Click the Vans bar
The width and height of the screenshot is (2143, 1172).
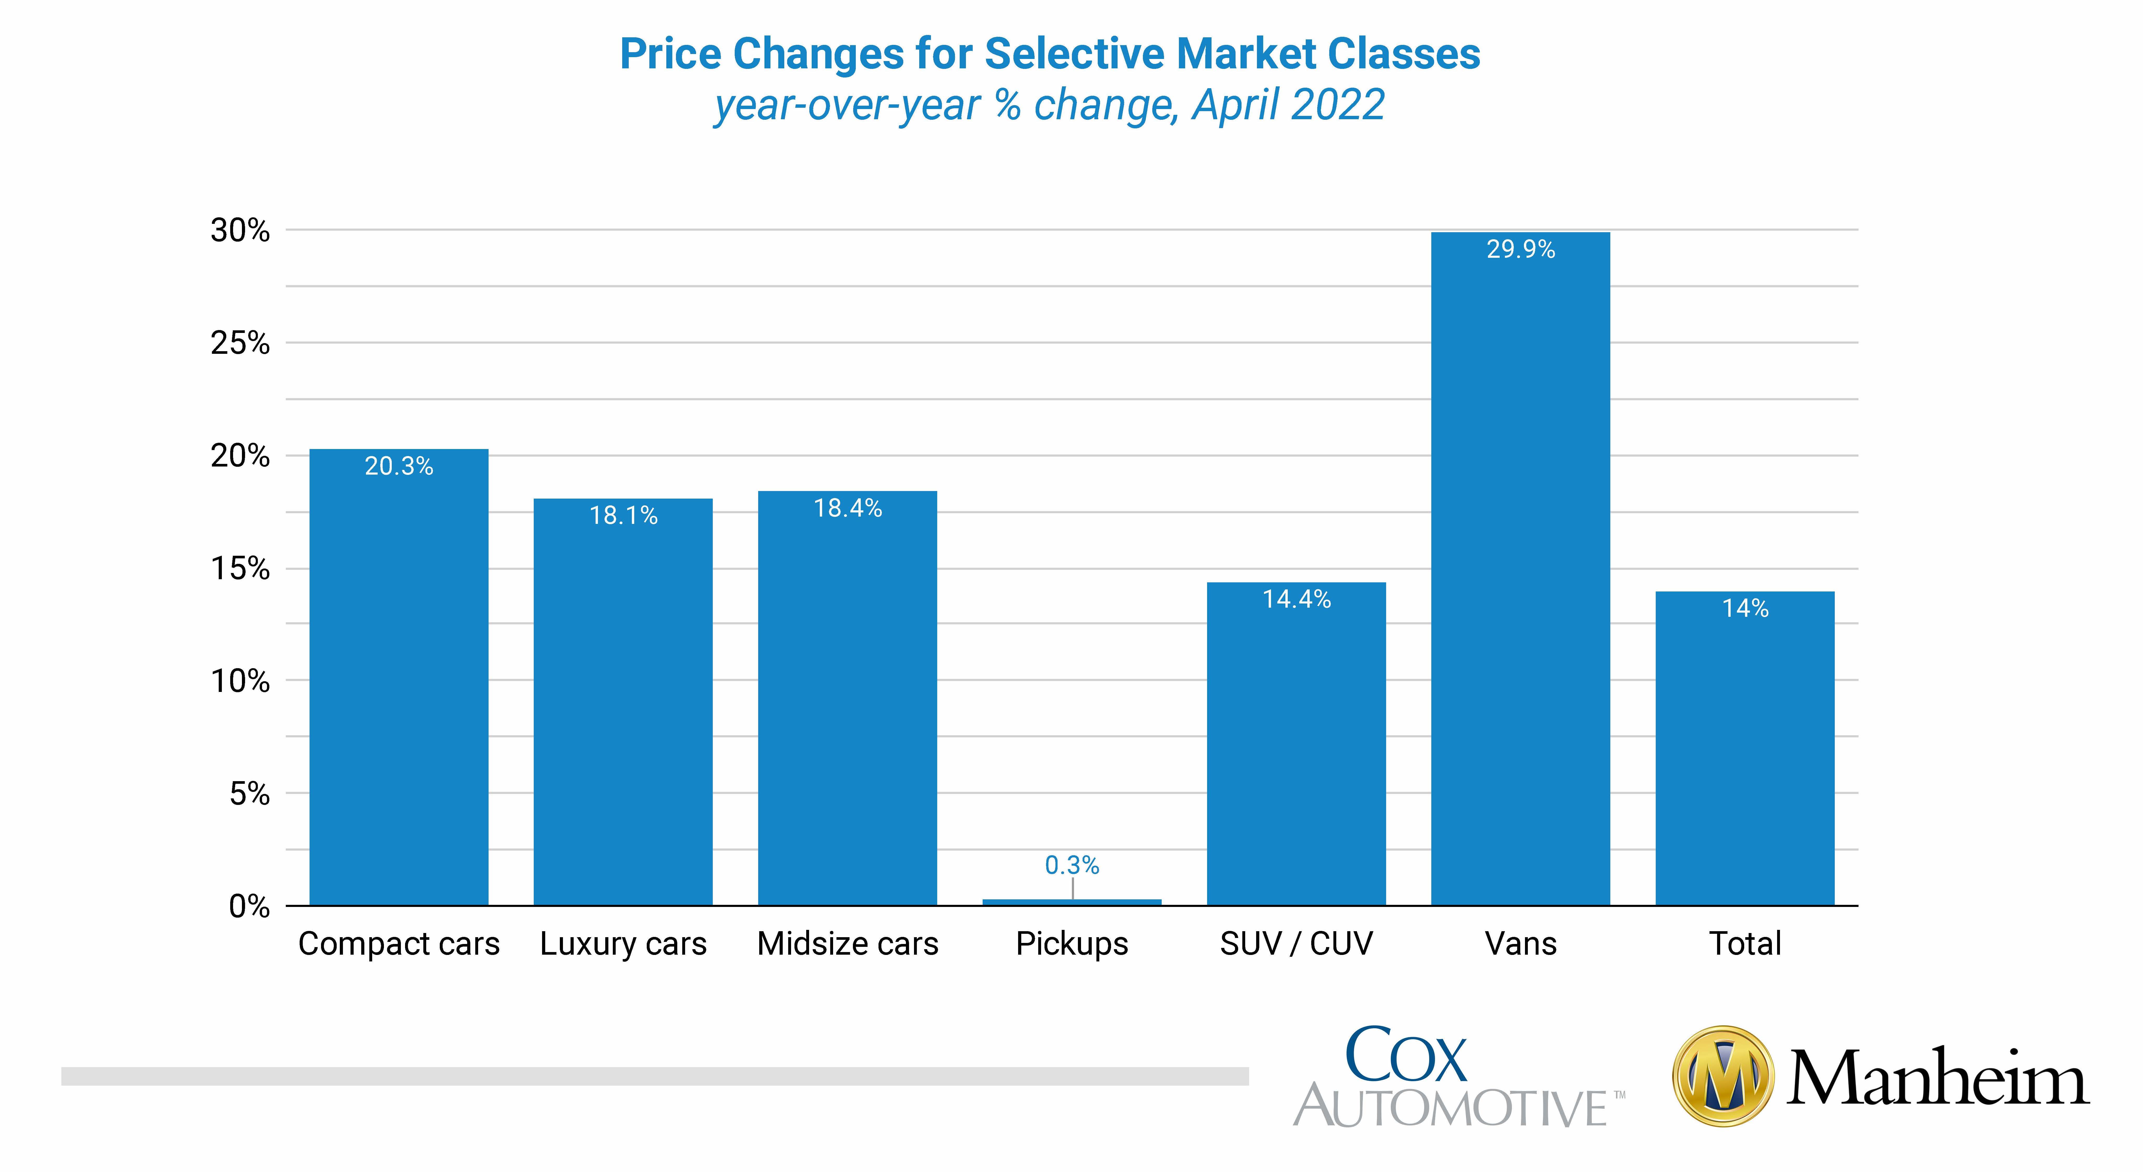click(1521, 569)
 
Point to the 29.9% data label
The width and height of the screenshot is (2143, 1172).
click(1521, 249)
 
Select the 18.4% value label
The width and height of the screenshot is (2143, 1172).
click(848, 508)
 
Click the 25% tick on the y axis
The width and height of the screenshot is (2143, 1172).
click(240, 343)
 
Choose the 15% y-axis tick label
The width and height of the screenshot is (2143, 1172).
click(240, 569)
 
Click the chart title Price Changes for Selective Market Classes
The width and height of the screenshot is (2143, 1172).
click(1050, 54)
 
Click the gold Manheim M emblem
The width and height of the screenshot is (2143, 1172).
click(1723, 1076)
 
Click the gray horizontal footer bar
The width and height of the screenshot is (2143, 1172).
click(655, 1076)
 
